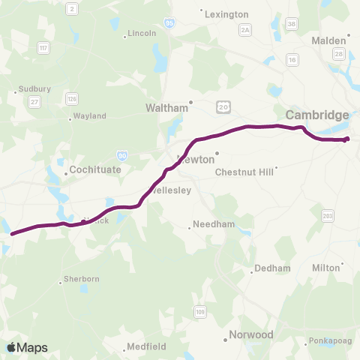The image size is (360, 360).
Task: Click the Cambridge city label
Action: [x=317, y=115]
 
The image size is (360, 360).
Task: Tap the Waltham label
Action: [x=166, y=108]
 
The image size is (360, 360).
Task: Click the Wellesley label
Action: [x=171, y=190]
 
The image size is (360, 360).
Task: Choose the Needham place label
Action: [x=208, y=224]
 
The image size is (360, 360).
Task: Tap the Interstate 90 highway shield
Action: [x=122, y=155]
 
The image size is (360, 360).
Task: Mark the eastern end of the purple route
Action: [x=346, y=139]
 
